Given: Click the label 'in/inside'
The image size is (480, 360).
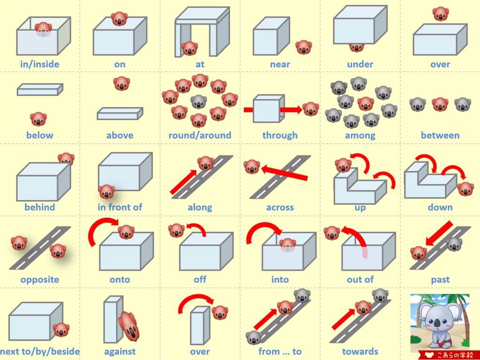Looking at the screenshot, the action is pyautogui.click(x=40, y=64).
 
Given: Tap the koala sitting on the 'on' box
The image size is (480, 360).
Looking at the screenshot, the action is pyautogui.click(x=119, y=19).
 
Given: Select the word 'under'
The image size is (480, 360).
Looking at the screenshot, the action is pyautogui.click(x=360, y=64).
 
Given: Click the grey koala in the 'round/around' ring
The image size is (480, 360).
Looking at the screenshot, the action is pyautogui.click(x=199, y=101).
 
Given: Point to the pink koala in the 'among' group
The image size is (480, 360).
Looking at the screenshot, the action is pyautogui.click(x=366, y=104).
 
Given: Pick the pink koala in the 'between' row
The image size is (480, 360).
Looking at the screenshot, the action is pyautogui.click(x=440, y=104).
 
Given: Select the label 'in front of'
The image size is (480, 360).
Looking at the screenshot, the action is pyautogui.click(x=120, y=207).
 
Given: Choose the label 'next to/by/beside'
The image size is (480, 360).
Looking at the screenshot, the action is pyautogui.click(x=40, y=352).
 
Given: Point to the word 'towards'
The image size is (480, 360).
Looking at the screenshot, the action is pyautogui.click(x=360, y=352).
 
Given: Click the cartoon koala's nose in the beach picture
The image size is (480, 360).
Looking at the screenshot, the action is pyautogui.click(x=437, y=322).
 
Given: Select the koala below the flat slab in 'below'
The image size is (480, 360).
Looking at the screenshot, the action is pyautogui.click(x=38, y=119).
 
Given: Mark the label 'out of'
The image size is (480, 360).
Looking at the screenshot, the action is pyautogui.click(x=360, y=279).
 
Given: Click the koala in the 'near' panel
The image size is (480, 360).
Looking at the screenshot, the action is pyautogui.click(x=303, y=47).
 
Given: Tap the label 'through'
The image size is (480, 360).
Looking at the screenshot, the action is pyautogui.click(x=280, y=135).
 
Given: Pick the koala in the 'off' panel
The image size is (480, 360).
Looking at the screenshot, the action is pyautogui.click(x=177, y=230).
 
